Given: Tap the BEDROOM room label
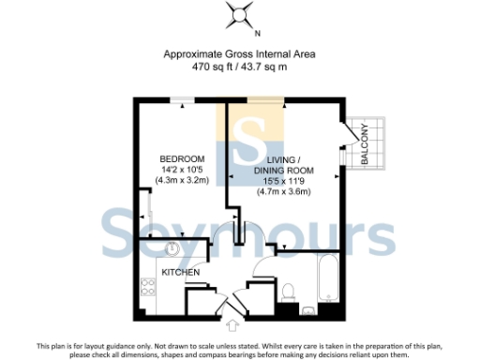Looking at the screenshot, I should click(183, 157).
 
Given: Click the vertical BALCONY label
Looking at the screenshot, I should click(364, 147).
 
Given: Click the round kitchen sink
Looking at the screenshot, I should click(173, 248).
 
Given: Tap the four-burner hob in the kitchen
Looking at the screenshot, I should click(148, 290).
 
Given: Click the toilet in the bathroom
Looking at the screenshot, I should click(290, 291).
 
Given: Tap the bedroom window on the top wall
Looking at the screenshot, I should click(187, 98).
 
